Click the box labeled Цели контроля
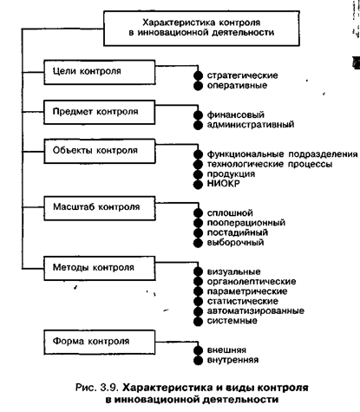[100, 72]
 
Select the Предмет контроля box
[100, 112]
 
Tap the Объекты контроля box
[100, 151]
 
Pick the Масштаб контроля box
[100, 208]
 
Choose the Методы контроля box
[100, 268]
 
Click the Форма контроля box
[100, 343]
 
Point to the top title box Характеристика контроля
[201, 29]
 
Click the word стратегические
[242, 75]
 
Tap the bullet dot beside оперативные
[198, 86]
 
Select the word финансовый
[236, 114]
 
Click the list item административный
[251, 125]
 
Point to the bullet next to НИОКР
[198, 184]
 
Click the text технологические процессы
[270, 164]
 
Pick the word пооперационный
[246, 223]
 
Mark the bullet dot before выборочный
[198, 243]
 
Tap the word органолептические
[252, 282]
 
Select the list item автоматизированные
[256, 311]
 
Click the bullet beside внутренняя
[198, 361]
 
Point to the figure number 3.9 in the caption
[109, 388]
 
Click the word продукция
[231, 174]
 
